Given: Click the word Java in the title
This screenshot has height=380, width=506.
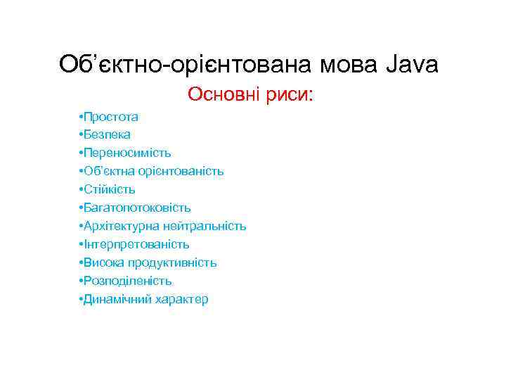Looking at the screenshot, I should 413,65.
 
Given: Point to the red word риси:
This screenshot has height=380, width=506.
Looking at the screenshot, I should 289,94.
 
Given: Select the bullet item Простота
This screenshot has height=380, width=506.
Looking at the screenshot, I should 112,116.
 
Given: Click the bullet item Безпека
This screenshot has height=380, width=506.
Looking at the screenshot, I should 108,134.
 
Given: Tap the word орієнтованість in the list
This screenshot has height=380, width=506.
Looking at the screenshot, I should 186,171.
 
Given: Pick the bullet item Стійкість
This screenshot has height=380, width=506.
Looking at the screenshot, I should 110,189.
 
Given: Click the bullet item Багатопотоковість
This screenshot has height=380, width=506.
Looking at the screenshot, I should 138,208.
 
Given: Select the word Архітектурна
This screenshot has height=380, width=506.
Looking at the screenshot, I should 122,226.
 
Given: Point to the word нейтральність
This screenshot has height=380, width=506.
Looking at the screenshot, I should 205,226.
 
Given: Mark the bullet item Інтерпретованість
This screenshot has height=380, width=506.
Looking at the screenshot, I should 137,244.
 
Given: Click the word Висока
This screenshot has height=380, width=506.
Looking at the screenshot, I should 103,262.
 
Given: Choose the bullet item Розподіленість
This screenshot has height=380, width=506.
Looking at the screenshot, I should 128,281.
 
